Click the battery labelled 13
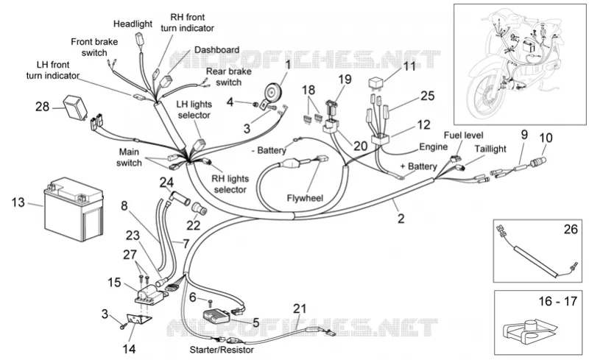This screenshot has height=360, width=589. [74, 209]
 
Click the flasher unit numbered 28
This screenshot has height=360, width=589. [75, 105]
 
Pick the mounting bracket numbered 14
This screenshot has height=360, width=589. [138, 320]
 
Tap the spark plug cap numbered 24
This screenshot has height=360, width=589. [180, 197]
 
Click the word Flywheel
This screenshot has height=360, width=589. [305, 197]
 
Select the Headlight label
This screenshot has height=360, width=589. [133, 24]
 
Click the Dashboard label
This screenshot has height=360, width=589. [216, 49]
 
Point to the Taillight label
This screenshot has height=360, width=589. [490, 149]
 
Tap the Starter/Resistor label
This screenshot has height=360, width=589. [222, 350]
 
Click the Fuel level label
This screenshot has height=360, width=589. [464, 135]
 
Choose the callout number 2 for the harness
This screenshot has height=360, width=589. [401, 219]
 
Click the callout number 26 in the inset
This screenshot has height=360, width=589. [571, 229]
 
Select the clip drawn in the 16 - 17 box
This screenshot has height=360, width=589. [529, 333]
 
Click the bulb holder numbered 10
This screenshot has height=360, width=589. [537, 163]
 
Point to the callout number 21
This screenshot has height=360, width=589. [300, 308]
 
